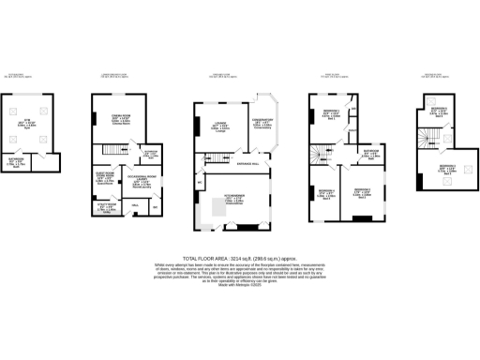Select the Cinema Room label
click(x=121, y=118)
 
